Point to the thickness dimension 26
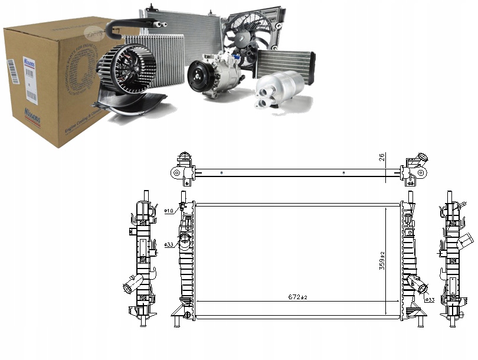coord(382,159)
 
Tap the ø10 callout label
coord(168,211)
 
